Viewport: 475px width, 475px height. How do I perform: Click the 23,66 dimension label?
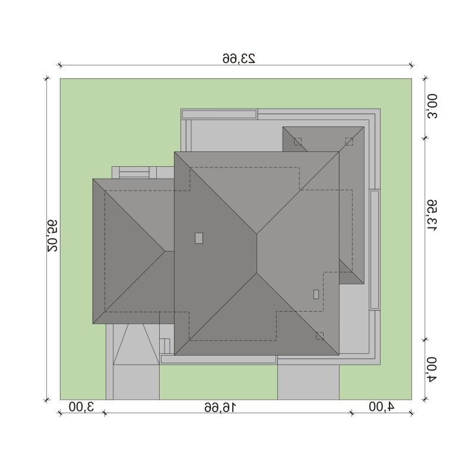point(239,58)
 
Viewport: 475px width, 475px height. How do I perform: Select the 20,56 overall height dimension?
point(52,235)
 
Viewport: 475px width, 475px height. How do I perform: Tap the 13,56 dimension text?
point(432,216)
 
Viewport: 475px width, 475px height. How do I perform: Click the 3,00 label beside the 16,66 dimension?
point(81,407)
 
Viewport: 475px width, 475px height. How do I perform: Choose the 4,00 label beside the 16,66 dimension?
point(382,407)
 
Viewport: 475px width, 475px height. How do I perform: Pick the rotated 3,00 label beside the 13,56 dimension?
point(432,106)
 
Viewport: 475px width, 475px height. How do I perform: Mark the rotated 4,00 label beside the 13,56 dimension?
point(432,369)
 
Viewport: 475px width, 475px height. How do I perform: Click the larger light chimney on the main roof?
point(199,238)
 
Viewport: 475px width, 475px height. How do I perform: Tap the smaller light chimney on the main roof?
point(316,294)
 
